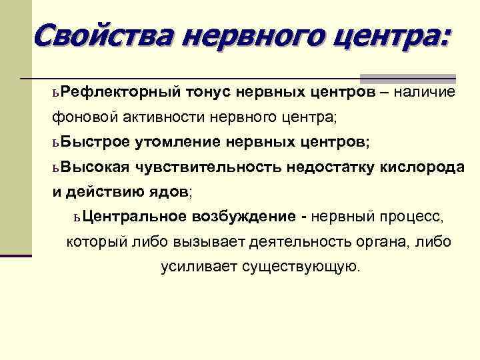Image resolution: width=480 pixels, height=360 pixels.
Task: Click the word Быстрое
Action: tap(93, 142)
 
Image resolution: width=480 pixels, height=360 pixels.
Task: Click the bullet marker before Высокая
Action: tap(56, 167)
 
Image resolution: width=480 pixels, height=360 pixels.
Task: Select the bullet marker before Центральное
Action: tap(78, 217)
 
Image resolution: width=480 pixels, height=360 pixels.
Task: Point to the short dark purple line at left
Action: tap(16, 255)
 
